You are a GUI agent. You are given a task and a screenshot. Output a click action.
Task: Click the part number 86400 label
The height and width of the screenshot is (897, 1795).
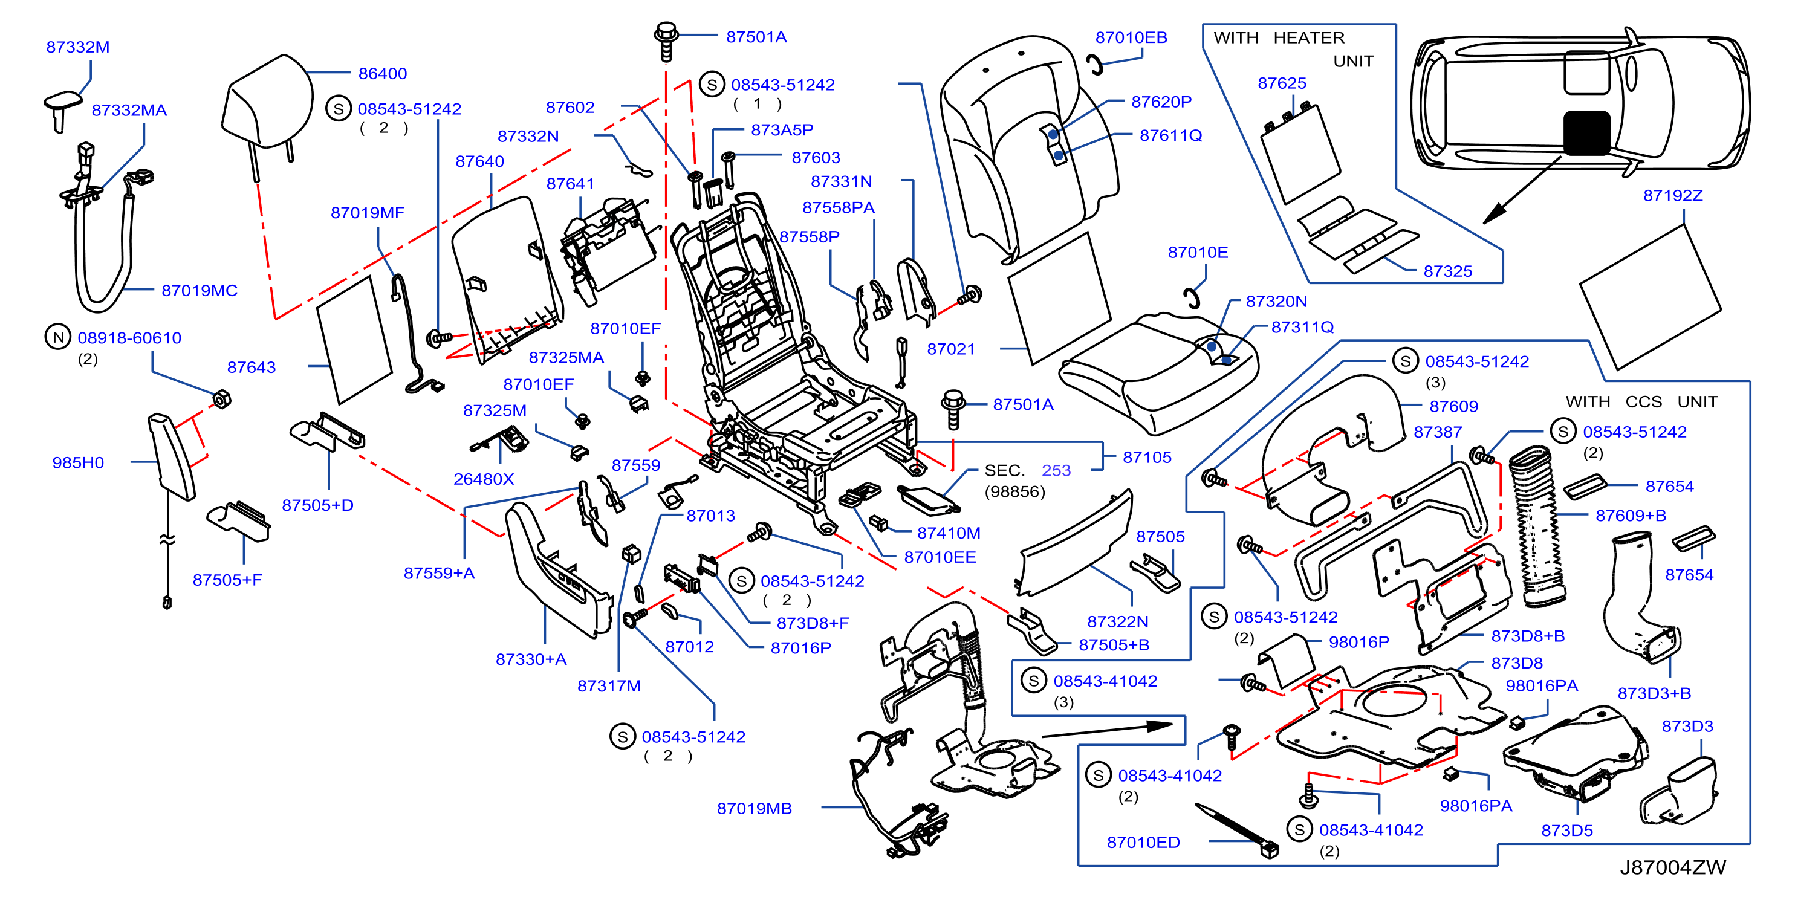(x=383, y=73)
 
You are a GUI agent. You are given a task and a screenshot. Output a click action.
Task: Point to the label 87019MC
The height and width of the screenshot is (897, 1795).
(x=200, y=290)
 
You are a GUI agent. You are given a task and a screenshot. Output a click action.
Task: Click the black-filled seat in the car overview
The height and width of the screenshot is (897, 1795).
(x=1586, y=132)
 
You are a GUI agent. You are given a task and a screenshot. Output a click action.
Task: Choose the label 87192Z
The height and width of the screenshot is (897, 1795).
(x=1672, y=196)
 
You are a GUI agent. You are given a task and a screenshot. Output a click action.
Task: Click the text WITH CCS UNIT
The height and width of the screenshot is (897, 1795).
(x=1641, y=402)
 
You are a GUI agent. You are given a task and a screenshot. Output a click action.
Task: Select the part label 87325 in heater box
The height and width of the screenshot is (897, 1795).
(x=1448, y=271)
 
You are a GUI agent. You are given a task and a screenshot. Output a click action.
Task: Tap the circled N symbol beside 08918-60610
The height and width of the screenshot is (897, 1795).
(x=59, y=337)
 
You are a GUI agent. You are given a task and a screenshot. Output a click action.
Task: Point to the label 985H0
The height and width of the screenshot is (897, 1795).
(x=78, y=462)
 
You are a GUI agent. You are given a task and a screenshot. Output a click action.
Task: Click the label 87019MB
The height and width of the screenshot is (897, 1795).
(x=754, y=808)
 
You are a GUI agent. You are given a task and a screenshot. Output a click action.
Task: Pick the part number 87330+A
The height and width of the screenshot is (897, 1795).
(x=531, y=659)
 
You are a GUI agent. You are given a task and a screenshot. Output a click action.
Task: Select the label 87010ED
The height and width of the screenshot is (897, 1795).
(x=1143, y=842)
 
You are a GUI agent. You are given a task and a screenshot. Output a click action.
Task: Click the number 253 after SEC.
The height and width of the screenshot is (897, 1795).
(x=1056, y=470)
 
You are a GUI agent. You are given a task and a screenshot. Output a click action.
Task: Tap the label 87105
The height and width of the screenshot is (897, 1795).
(x=1147, y=457)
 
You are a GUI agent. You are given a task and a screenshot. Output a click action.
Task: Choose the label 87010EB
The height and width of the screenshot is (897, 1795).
(x=1131, y=37)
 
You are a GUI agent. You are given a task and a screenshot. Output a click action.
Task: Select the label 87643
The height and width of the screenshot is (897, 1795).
(x=252, y=367)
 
